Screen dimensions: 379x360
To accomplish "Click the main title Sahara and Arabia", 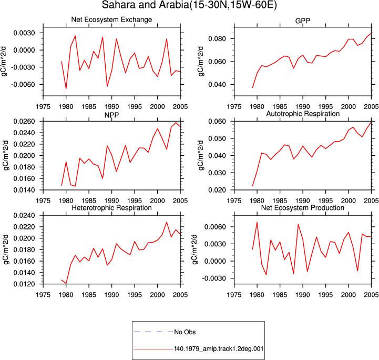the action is coord(189,5).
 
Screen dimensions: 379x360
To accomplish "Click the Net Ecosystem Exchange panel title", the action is coord(111,19).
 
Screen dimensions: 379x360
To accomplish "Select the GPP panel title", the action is coord(303,21).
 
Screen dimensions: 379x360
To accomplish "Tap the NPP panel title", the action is coord(111,115).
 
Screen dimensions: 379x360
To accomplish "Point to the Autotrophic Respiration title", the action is coord(303,114).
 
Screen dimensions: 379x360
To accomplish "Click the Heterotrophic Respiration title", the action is coord(111,208).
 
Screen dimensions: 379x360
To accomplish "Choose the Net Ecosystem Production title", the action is coord(303,208).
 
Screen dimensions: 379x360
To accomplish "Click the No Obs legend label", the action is coord(185,332).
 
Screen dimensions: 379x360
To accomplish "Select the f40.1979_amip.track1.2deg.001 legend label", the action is coord(219,349).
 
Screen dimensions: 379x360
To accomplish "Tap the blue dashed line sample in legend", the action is coord(153,332).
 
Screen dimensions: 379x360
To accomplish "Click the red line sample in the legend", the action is coord(153,349).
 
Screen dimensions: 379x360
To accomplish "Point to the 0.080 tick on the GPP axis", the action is coord(217,39).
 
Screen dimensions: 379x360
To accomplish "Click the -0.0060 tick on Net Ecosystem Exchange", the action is coord(24,84).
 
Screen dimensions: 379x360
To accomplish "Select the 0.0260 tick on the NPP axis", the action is coord(24,121).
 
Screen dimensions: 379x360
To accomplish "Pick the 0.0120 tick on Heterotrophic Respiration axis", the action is coord(24,284).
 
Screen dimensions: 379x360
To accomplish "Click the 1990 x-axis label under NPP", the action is coord(111,201).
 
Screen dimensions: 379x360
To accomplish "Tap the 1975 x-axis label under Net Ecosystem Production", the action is coord(234,295).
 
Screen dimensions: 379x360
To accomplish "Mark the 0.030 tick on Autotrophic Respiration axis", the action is coord(217,173).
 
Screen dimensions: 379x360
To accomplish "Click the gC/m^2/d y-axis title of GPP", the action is coord(201,62).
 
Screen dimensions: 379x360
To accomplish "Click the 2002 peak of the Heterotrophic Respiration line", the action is coord(167,222).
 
